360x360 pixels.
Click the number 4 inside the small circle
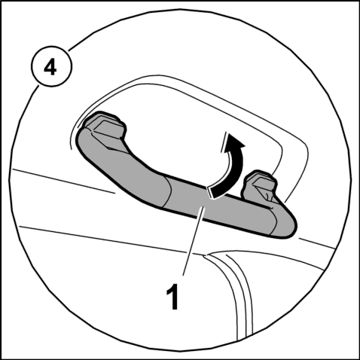pos(50,68)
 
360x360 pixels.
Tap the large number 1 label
pos(172,297)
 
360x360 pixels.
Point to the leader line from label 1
pos(194,242)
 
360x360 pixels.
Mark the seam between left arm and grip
pos(168,191)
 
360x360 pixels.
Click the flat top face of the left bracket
pos(108,129)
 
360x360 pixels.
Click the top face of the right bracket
pos(263,182)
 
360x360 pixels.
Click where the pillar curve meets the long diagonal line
pos(206,255)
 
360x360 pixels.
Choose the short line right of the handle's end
pos(317,243)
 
